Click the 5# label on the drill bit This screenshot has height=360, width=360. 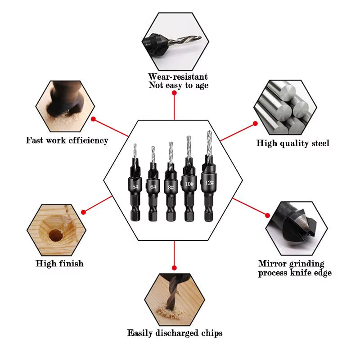click(x=135, y=186)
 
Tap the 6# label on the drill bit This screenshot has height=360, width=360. click(x=153, y=187)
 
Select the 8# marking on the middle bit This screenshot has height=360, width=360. click(x=171, y=186)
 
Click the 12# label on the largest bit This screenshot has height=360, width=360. click(x=208, y=183)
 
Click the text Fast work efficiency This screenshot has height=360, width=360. click(x=67, y=140)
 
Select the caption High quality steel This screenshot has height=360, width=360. click(x=293, y=144)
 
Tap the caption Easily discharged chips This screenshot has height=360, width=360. click(x=175, y=333)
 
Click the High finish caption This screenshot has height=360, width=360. click(x=59, y=263)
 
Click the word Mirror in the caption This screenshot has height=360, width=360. click(x=272, y=264)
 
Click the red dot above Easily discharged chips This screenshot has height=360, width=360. click(x=174, y=267)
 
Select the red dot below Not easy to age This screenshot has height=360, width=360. click(x=174, y=93)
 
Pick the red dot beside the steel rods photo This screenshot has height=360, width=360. click(x=255, y=123)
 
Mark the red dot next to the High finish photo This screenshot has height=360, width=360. click(x=84, y=211)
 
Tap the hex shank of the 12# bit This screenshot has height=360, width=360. click(x=208, y=211)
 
